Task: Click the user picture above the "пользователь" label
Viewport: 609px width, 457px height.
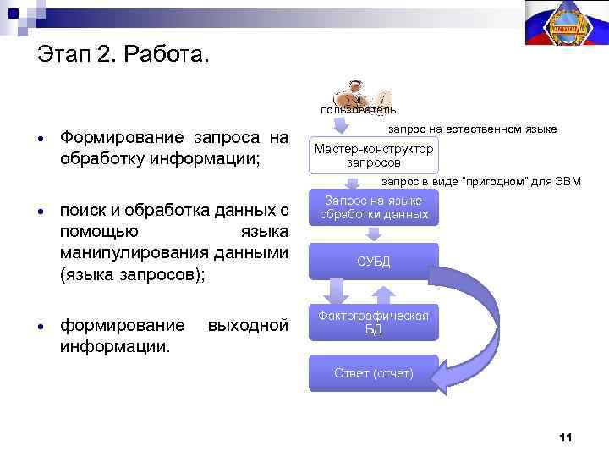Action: pos(359,93)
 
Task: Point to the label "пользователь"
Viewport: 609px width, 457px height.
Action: pos(358,110)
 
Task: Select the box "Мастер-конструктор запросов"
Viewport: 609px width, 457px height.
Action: pos(373,155)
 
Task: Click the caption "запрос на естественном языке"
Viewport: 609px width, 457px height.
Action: pos(472,129)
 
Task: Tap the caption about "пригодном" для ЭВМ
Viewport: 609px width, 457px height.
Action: pos(480,181)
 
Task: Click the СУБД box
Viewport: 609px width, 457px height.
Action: pos(373,262)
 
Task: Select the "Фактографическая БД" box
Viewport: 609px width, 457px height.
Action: pos(373,322)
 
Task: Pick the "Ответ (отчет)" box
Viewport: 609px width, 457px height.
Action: pos(373,373)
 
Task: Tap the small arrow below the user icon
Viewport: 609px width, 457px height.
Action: pos(337,124)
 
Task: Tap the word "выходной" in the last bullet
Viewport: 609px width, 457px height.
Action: pos(247,326)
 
